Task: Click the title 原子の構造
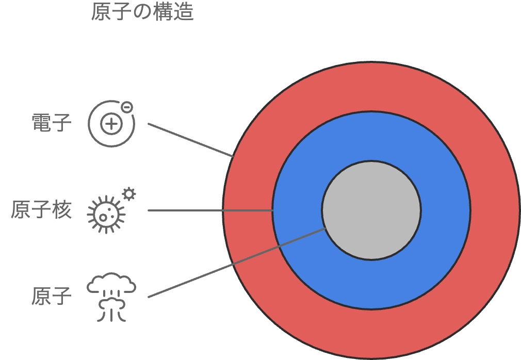(142, 12)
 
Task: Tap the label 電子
(52, 124)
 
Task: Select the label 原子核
(41, 210)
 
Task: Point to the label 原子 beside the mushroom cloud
(52, 297)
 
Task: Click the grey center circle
(371, 210)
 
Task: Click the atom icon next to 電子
(110, 124)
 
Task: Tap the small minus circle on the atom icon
(126, 107)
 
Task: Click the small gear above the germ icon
(129, 194)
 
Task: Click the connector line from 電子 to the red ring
(190, 140)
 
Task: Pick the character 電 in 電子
(41, 124)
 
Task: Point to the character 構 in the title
(163, 12)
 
